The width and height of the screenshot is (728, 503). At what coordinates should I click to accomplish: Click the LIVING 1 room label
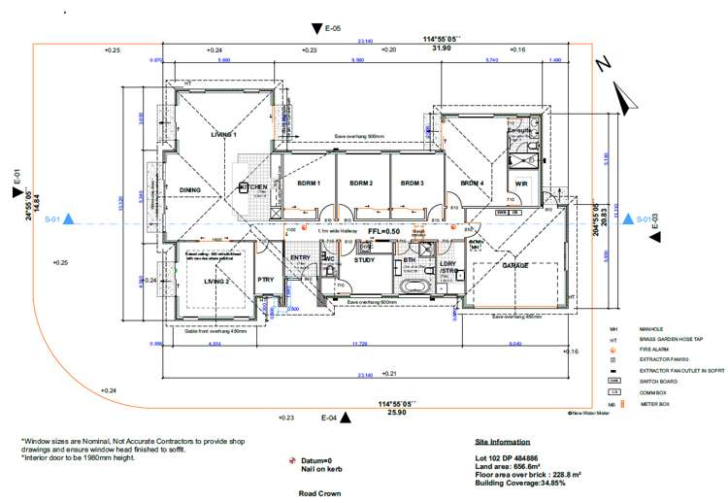point(224,135)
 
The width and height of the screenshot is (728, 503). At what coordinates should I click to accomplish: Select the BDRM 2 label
point(362,183)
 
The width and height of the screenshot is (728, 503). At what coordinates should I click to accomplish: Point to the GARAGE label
point(514,265)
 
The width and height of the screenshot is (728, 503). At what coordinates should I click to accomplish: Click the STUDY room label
point(364,260)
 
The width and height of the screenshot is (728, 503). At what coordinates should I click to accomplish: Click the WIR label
point(521,184)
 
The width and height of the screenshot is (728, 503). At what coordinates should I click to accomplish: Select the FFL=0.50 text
point(384,231)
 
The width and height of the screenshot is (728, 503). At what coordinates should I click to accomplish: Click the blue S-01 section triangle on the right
point(628,219)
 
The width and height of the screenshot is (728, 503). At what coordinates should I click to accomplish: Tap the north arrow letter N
point(603,64)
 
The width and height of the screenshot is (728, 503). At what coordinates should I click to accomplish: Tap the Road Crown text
point(319,493)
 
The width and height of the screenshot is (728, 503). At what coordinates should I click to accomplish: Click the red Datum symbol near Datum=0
point(292,460)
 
